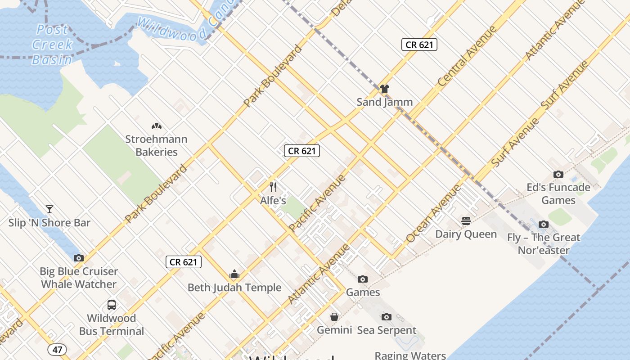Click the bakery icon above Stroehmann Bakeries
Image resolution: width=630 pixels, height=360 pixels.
point(156,126)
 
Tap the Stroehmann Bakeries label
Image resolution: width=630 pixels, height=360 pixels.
point(156,145)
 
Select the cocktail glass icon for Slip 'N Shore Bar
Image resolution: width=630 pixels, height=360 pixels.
point(49,209)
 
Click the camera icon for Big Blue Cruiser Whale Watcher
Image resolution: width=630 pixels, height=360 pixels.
point(79,258)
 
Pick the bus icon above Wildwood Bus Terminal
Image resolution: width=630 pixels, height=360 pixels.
point(112,305)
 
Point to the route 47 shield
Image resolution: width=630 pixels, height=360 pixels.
point(57,349)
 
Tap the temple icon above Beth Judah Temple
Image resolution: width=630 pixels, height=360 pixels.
point(234,274)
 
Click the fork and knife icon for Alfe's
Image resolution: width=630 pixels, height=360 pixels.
point(273,187)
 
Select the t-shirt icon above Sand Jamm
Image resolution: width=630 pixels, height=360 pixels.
point(384,89)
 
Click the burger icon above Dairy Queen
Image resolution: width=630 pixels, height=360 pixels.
point(466,221)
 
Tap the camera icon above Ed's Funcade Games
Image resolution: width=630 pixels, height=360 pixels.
point(558,174)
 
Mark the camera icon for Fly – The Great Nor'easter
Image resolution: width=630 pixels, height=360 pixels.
point(544,224)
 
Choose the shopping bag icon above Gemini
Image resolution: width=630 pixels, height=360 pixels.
point(334,317)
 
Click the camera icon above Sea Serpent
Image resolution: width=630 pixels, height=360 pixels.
point(387,317)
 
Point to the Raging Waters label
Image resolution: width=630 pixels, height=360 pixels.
point(410,355)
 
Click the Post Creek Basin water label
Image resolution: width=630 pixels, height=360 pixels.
point(52,45)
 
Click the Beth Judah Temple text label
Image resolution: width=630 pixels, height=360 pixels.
point(234,288)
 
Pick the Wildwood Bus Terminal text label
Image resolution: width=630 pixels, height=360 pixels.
point(112,324)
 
